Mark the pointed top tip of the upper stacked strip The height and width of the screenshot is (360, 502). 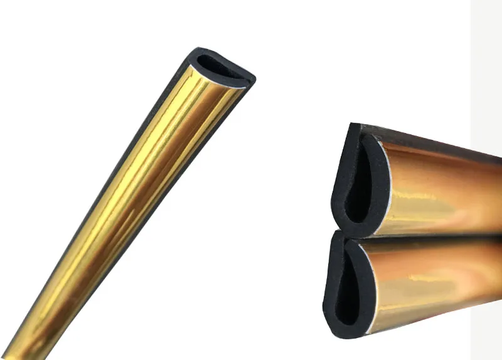[354, 126]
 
